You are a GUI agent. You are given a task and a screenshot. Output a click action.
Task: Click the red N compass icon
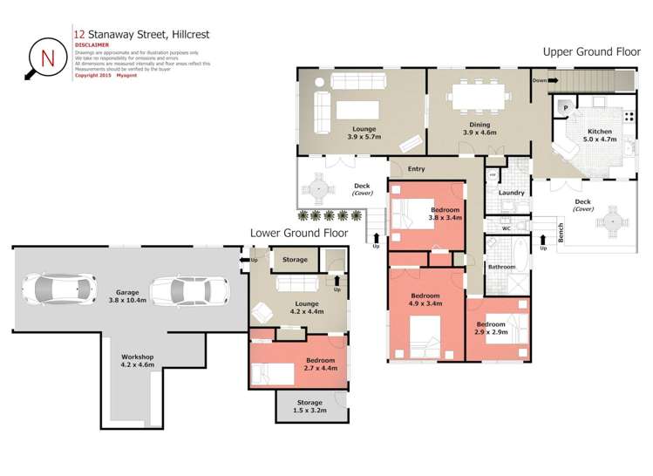pos(46,58)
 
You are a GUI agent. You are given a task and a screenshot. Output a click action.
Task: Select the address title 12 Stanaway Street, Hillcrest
pos(142,35)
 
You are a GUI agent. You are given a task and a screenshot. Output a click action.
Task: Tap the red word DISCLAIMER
pos(92,44)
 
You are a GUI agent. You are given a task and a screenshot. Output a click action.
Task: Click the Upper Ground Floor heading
pos(590,51)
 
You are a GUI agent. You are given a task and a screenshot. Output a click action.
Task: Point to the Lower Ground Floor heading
pos(299,234)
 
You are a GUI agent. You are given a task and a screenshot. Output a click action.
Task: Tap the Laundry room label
pos(511,193)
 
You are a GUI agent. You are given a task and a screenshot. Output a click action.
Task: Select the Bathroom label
pos(501,267)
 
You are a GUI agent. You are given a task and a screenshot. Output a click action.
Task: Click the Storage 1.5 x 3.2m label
pos(309,407)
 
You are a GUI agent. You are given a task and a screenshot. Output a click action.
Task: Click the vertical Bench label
pos(561,234)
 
